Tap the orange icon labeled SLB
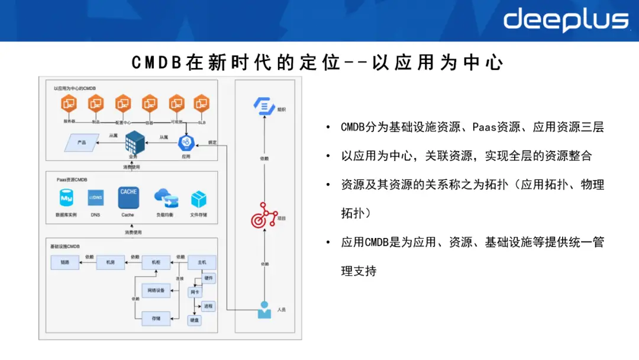pyautogui.click(x=202, y=104)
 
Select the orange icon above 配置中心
pyautogui.click(x=122, y=104)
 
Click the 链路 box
pyautogui.click(x=65, y=262)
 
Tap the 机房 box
pyautogui.click(x=110, y=262)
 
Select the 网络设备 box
pyautogui.click(x=156, y=290)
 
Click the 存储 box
pyautogui.click(x=156, y=318)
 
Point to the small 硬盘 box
pyautogui.click(x=195, y=320)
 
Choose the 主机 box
pyautogui.click(x=202, y=262)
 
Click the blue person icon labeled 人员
pyautogui.click(x=264, y=310)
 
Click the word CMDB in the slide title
pyautogui.click(x=155, y=62)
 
